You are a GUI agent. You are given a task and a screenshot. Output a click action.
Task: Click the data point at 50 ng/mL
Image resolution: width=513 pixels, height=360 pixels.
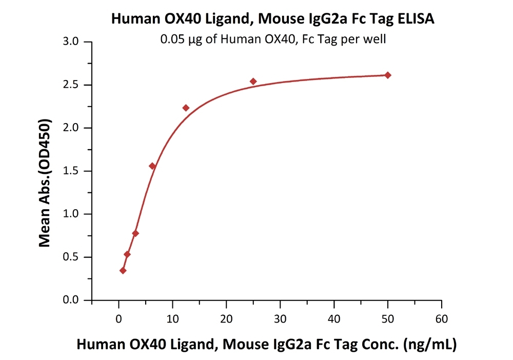tap(388, 75)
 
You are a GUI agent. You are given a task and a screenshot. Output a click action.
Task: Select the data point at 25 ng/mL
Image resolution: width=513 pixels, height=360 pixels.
tap(253, 82)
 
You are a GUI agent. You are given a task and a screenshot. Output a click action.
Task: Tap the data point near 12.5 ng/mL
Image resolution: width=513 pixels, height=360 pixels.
tap(186, 108)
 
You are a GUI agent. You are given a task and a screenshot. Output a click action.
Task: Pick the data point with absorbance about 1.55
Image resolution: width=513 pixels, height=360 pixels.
tap(152, 166)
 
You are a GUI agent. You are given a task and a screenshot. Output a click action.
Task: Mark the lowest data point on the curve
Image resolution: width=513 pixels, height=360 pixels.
tap(123, 270)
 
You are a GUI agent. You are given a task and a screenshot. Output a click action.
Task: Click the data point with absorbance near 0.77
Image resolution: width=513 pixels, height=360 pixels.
tap(135, 233)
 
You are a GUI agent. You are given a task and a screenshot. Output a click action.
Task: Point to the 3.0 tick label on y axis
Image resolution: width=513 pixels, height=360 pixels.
tap(71, 42)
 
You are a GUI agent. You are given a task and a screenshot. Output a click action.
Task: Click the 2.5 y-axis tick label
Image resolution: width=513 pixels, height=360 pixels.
tap(71, 85)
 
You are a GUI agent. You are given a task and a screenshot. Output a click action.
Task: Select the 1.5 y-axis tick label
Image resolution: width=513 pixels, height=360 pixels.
tap(71, 171)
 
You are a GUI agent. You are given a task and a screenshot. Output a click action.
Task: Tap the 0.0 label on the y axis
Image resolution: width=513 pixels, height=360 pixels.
tap(71, 300)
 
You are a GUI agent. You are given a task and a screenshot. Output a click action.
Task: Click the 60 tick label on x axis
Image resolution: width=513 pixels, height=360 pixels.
tap(442, 319)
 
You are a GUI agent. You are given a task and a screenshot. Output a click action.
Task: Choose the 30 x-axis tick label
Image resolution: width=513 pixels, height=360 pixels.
tap(280, 319)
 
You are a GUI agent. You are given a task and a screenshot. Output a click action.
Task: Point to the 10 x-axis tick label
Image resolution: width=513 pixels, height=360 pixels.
tap(172, 319)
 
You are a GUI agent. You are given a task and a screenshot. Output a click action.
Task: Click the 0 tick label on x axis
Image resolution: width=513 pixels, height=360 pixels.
tap(119, 319)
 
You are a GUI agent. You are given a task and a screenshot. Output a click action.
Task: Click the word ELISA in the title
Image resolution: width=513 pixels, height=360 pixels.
tap(416, 18)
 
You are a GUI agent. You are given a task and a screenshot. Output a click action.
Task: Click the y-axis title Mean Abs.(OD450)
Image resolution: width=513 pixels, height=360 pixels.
tap(45, 183)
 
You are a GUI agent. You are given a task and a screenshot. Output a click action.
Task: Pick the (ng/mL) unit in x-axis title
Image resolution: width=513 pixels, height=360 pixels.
tap(430, 345)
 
